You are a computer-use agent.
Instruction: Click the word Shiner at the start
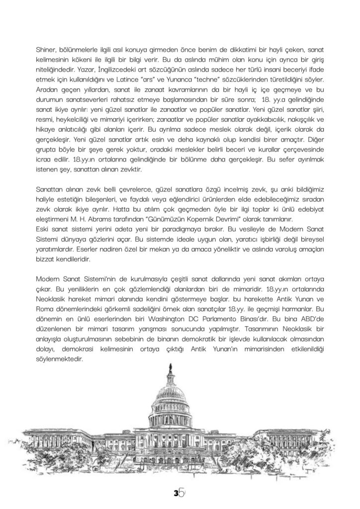tap(46, 51)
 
